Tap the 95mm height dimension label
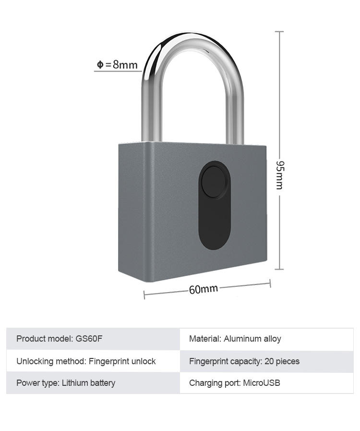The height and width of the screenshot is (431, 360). (279, 174)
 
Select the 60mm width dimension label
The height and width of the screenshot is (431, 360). (203, 289)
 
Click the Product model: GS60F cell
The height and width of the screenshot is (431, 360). (93, 339)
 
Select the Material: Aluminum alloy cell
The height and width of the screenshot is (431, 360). (266, 339)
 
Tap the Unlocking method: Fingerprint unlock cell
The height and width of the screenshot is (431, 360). (93, 361)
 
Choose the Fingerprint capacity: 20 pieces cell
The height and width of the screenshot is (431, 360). (266, 361)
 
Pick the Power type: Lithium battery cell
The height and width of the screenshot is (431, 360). (93, 383)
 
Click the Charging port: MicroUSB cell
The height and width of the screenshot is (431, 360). (266, 383)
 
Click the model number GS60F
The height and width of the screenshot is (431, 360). (89, 339)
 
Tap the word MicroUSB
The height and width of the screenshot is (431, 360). (262, 383)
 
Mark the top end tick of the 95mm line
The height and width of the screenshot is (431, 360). (279, 32)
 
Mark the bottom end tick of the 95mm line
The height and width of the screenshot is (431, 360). (279, 270)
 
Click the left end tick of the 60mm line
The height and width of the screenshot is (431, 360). (144, 295)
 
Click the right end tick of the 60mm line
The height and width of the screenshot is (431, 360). (270, 284)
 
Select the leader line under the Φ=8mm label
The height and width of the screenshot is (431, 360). (118, 72)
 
